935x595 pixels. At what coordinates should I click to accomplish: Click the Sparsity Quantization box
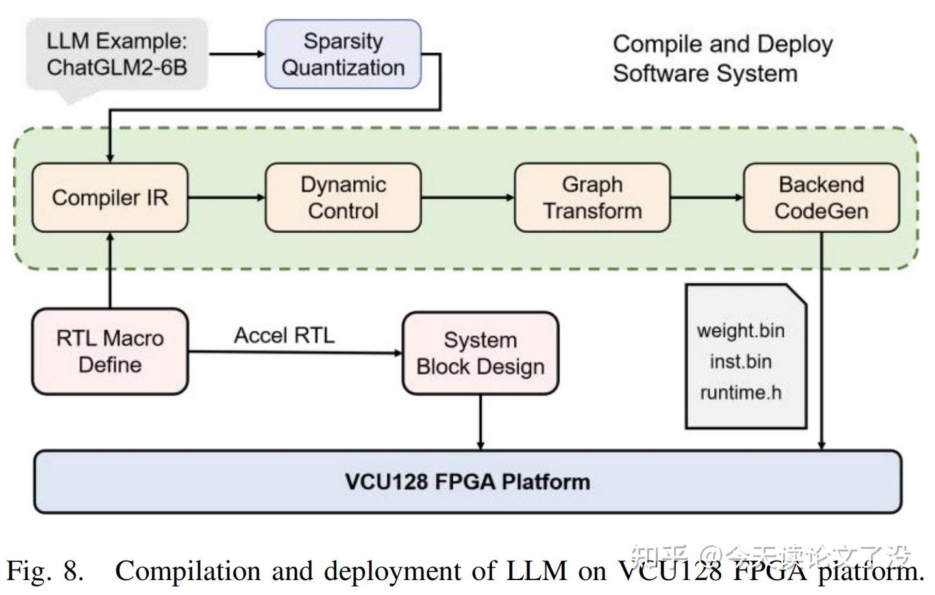(x=343, y=55)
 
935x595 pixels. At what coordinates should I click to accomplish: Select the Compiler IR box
(x=110, y=197)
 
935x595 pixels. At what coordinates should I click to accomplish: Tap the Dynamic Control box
(x=343, y=197)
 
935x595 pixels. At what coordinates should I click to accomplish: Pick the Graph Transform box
(x=592, y=197)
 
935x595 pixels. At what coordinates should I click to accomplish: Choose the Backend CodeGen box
(x=821, y=197)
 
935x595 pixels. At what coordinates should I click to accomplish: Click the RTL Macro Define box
(x=110, y=351)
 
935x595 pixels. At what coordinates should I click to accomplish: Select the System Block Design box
(x=480, y=353)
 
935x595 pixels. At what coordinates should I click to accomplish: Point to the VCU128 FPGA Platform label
(x=467, y=482)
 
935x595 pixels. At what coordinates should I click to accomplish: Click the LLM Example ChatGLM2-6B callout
(x=117, y=55)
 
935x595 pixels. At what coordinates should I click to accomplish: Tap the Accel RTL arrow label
(x=284, y=335)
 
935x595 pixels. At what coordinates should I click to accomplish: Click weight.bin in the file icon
(x=741, y=331)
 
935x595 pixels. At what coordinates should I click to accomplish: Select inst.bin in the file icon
(x=741, y=361)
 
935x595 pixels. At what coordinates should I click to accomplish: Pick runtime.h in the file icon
(x=741, y=392)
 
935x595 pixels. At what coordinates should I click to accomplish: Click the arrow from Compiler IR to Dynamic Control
(x=227, y=197)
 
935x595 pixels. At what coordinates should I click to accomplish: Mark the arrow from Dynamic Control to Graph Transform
(x=467, y=197)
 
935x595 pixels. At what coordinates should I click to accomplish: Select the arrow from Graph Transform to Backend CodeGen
(x=706, y=197)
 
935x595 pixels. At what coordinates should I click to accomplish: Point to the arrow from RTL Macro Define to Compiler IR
(x=110, y=270)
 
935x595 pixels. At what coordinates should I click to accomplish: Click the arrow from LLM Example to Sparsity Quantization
(x=237, y=54)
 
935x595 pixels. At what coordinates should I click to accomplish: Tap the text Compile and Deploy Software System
(x=722, y=58)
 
